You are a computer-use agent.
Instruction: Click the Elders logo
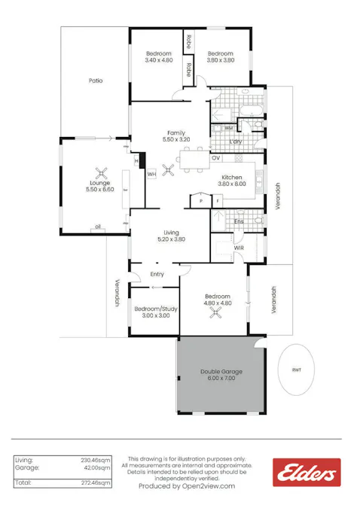pyautogui.click(x=307, y=473)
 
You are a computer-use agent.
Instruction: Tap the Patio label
pyautogui.click(x=96, y=81)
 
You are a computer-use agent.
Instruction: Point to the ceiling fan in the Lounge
pyautogui.click(x=100, y=172)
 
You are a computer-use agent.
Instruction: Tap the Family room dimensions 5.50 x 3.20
pyautogui.click(x=176, y=139)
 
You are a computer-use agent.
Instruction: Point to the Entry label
pyautogui.click(x=157, y=274)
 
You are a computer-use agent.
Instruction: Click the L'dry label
pyautogui.click(x=235, y=141)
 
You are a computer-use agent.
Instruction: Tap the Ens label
pyautogui.click(x=239, y=221)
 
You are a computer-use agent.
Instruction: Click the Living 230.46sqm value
pyautogui.click(x=96, y=459)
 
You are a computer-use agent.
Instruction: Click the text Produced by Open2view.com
pyautogui.click(x=187, y=486)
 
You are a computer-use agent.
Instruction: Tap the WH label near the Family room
pyautogui.click(x=151, y=174)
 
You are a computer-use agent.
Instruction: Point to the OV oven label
pyautogui.click(x=215, y=158)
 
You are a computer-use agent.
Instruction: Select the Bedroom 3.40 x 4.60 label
pyautogui.click(x=159, y=56)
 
